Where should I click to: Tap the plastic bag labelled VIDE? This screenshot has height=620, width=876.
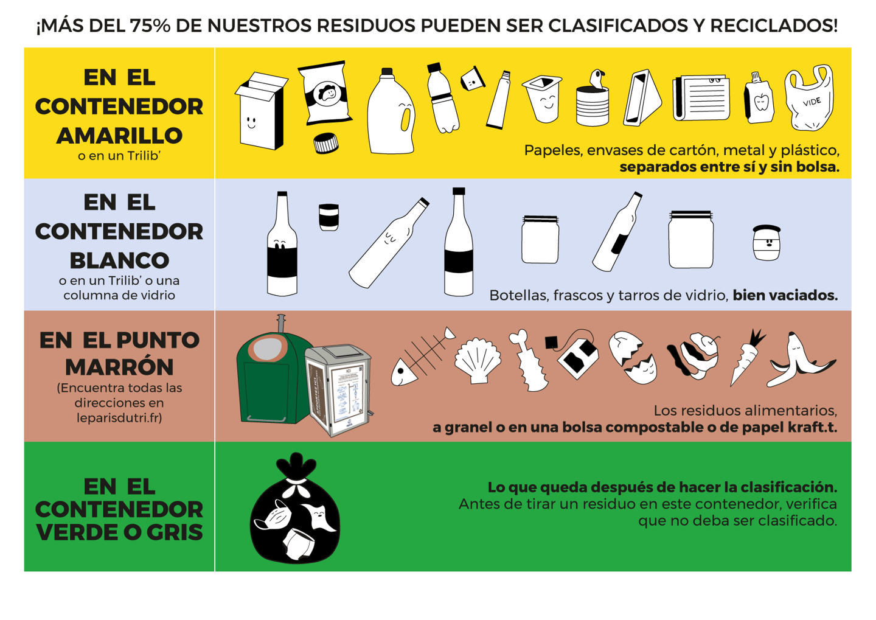[x=809, y=98]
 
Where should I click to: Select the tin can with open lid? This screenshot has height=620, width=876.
[x=593, y=100]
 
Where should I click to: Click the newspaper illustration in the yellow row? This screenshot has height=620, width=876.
[x=701, y=97]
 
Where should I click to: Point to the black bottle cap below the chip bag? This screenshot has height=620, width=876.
[x=326, y=144]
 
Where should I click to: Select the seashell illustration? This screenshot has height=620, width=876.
[x=478, y=361]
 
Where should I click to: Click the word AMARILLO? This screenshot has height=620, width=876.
[x=119, y=135]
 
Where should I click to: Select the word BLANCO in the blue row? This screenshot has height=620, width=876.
[x=119, y=260]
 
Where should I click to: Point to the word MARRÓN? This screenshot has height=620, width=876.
[x=119, y=367]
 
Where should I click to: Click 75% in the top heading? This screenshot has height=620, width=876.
[x=150, y=26]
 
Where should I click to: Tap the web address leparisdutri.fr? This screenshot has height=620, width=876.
[x=119, y=418]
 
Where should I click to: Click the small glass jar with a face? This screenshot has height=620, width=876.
[x=766, y=243]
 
